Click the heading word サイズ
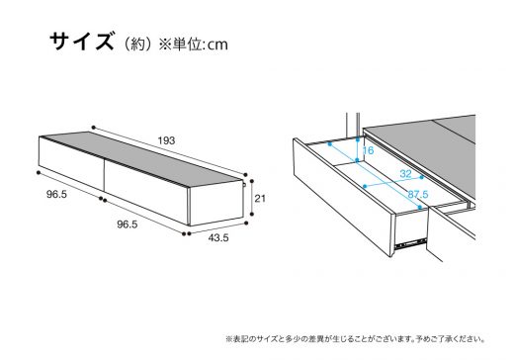tap(82, 42)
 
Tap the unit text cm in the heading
tap(217, 45)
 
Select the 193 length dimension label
tap(166, 140)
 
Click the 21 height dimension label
tap(260, 199)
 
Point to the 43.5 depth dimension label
tap(218, 237)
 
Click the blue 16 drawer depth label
tap(368, 150)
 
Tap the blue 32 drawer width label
tap(405, 174)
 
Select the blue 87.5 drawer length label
tap(418, 195)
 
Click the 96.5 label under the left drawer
tap(56, 195)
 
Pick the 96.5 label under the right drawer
tap(128, 225)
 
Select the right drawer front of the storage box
tap(146, 193)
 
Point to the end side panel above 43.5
tap(216, 204)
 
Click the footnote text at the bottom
tap(356, 339)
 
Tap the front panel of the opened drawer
tap(344, 197)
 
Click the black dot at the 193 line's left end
tap(94, 128)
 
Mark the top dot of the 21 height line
tap(252, 181)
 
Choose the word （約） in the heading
tap(137, 45)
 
